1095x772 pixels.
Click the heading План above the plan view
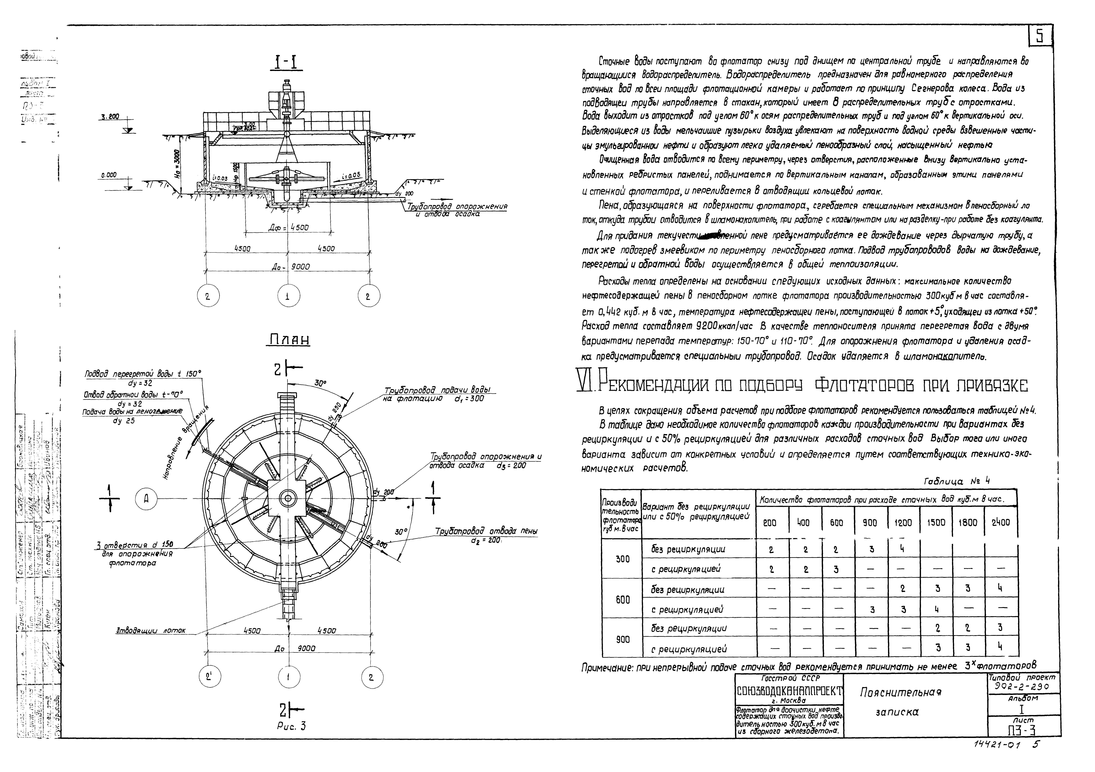pyautogui.click(x=289, y=340)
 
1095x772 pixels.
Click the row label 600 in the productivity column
pyautogui.click(x=623, y=599)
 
